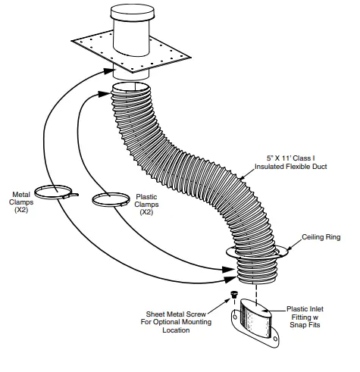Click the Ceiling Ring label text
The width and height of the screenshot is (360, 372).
click(321, 237)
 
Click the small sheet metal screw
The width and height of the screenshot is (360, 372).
click(233, 294)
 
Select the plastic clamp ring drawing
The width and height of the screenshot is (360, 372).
click(110, 199)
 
